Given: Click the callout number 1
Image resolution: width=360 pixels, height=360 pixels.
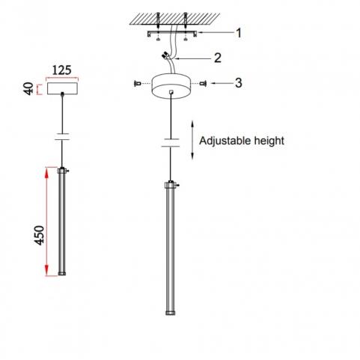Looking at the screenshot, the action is (239, 33).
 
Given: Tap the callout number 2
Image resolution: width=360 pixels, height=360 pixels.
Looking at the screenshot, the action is (218, 58).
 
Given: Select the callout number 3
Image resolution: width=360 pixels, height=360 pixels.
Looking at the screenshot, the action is (239, 83).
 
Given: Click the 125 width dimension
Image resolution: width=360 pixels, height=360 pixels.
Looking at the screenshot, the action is (61, 70).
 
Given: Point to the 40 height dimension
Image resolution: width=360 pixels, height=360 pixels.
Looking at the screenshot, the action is (28, 88).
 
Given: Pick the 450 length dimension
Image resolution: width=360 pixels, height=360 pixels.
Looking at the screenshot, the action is (39, 235).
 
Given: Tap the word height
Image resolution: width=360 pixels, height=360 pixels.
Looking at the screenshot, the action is (269, 141).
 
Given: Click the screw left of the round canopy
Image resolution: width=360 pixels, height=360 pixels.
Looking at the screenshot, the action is (137, 84).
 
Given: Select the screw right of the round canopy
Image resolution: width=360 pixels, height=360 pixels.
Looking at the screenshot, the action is (204, 83).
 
